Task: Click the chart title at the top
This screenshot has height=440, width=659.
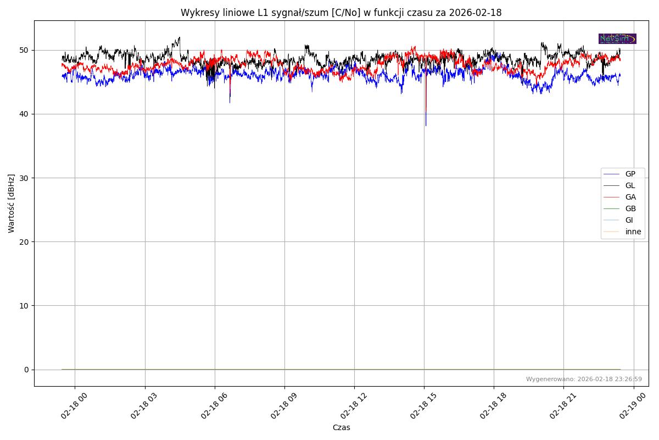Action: coord(341,13)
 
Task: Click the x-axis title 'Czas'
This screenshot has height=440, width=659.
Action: coord(341,427)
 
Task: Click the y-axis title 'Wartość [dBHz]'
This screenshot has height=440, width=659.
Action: coord(12,204)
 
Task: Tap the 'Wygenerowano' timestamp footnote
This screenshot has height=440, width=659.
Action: coord(584,379)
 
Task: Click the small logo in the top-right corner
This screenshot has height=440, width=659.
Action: coord(617,38)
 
